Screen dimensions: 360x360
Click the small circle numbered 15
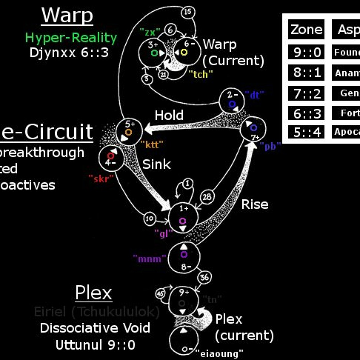point(188,12)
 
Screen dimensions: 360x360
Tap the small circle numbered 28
point(207,197)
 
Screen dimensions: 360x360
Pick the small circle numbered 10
point(150,218)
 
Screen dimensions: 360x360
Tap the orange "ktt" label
point(152,144)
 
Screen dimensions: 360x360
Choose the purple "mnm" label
point(149,258)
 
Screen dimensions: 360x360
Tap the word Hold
point(169,115)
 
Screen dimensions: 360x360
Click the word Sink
point(156,164)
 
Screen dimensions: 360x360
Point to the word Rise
point(255,204)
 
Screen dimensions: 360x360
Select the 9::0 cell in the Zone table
point(306,52)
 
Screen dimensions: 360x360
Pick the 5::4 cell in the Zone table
point(306,132)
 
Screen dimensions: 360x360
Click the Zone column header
point(306,30)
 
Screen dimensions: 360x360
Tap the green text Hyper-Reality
point(71,38)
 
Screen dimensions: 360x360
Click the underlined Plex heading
point(93,293)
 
